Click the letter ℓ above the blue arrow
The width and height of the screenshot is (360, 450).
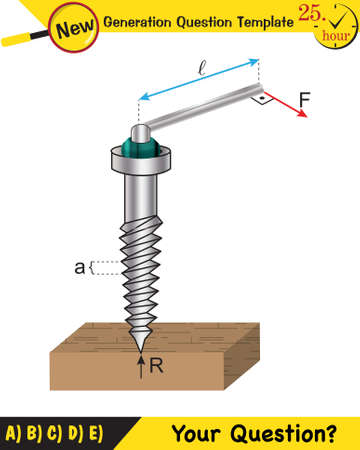tap(202, 69)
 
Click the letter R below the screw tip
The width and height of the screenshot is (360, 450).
tap(156, 366)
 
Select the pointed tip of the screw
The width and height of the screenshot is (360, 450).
tap(141, 341)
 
